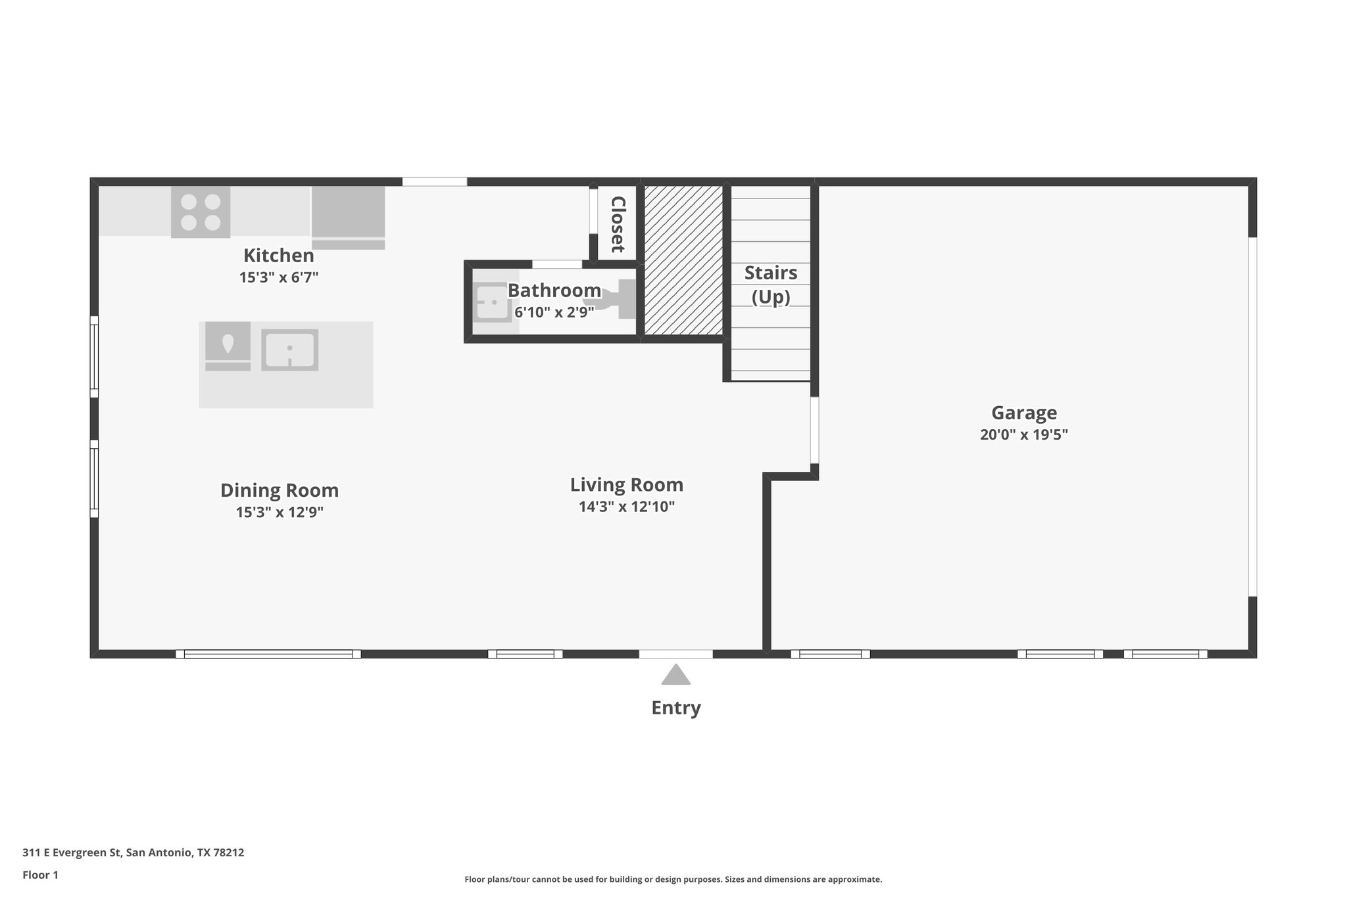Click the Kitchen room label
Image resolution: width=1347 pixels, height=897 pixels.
tap(278, 255)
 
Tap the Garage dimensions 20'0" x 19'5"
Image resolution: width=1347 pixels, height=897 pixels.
tap(1023, 434)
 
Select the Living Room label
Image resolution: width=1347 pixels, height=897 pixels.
tap(626, 485)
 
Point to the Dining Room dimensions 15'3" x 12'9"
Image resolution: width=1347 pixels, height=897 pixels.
tap(280, 512)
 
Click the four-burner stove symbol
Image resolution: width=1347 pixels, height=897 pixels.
tap(201, 212)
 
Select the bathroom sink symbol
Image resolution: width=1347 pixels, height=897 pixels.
tap(492, 302)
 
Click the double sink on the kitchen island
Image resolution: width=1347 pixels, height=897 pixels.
tap(289, 350)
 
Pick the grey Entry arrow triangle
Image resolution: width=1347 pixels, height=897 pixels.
tap(675, 676)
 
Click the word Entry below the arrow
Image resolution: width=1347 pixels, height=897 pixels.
tap(675, 708)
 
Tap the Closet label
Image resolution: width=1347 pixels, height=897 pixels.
tap(617, 224)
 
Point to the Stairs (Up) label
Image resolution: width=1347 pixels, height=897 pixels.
tap(770, 285)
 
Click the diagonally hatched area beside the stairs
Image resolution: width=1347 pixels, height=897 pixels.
tap(683, 260)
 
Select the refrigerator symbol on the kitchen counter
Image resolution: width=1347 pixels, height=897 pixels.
tap(348, 216)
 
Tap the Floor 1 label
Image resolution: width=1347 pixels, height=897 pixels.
tap(40, 875)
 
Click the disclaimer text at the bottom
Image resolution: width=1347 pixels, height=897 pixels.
tap(673, 879)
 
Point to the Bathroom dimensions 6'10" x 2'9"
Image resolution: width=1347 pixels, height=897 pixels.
tap(554, 312)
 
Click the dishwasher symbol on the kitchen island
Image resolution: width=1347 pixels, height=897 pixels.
tap(228, 346)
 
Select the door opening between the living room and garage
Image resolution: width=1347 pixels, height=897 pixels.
tap(814, 430)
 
